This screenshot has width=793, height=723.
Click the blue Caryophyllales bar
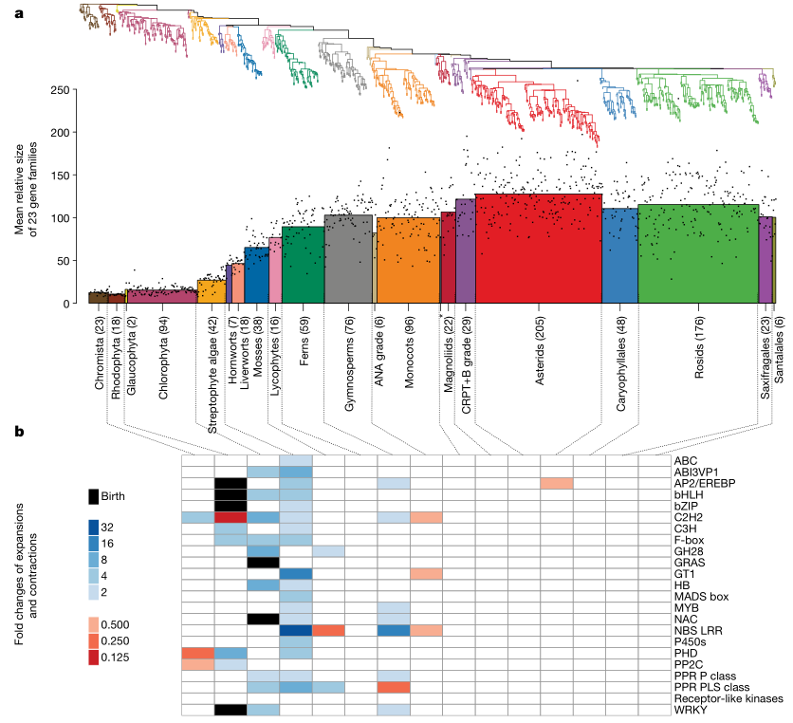619,256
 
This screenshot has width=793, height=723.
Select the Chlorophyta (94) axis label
164,350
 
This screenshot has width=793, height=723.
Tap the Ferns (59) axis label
304,336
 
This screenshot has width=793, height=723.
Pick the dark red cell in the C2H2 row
231,517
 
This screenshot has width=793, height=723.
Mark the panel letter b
20,432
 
